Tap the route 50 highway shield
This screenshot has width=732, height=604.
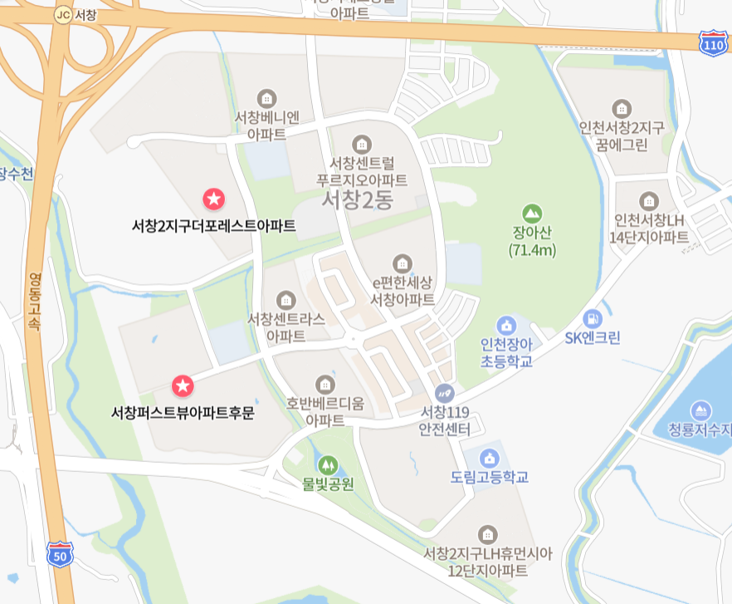(58, 553)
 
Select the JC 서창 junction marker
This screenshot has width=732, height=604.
(62, 15)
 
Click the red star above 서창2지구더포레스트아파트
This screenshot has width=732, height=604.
(213, 199)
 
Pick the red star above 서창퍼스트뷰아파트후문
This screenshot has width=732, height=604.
(183, 385)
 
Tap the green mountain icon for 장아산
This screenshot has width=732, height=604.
(532, 213)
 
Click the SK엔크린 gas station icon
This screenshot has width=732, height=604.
(592, 317)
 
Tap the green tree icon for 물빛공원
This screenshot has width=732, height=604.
(328, 464)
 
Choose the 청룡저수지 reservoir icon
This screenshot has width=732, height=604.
(701, 410)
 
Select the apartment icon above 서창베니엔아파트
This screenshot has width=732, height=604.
(266, 98)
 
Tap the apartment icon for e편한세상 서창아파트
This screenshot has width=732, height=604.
(403, 263)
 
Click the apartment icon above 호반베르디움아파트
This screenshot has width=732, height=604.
(325, 384)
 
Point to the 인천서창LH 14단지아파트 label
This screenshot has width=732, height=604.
(649, 228)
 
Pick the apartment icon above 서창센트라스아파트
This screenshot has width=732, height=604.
(286, 299)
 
